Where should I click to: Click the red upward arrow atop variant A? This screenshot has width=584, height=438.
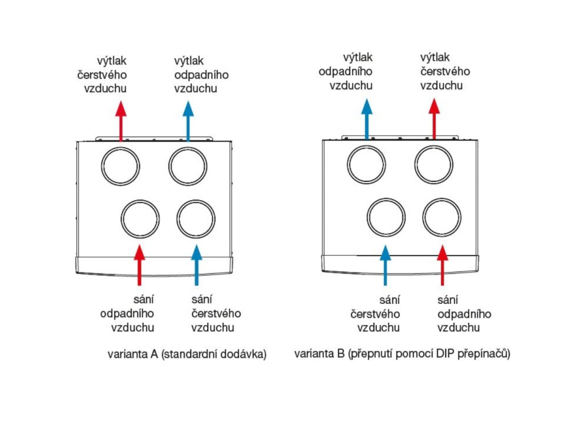point(120,121)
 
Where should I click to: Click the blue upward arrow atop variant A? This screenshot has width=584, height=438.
point(188,121)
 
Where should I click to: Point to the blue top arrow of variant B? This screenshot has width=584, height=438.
point(366,118)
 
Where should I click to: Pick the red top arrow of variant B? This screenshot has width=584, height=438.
point(434,118)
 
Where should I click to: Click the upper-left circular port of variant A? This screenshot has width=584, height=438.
point(121,166)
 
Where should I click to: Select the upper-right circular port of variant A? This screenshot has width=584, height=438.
point(188,166)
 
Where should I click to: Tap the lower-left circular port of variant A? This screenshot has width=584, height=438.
point(140,219)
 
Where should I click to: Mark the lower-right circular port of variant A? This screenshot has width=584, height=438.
point(196,219)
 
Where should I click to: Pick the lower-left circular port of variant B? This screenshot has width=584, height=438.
point(386,217)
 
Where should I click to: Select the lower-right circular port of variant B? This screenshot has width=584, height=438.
point(442,217)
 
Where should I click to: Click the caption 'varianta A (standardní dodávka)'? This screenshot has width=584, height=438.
point(187,354)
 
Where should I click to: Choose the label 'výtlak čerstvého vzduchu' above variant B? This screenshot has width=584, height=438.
point(445,72)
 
